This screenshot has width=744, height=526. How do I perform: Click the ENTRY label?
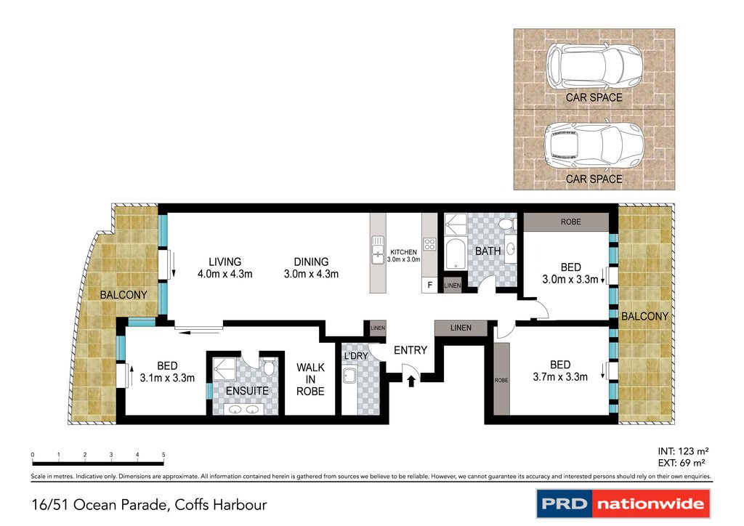coord(411,350)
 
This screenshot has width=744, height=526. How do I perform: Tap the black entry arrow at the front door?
coord(411,381)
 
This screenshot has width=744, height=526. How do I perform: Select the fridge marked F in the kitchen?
coord(429,285)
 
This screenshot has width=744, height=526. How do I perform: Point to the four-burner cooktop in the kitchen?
coord(430,244)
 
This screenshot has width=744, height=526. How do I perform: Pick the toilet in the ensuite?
coord(269,366)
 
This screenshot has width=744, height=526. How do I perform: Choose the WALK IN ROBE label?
coord(310,379)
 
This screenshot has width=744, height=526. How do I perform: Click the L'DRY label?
coord(356,356)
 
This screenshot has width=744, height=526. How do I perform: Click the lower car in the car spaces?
coord(594,147)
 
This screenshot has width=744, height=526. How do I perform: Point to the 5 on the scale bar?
coord(163,454)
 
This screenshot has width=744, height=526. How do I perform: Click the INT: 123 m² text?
coord(683,451)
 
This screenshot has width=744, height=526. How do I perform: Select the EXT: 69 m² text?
coord(682,463)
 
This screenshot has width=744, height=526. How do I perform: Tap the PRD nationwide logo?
coord(623,503)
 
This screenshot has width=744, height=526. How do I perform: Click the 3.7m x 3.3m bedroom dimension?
coord(560,377)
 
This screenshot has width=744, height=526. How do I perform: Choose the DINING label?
coord(311,262)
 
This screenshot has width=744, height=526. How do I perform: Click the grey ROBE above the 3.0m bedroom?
coord(566,222)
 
